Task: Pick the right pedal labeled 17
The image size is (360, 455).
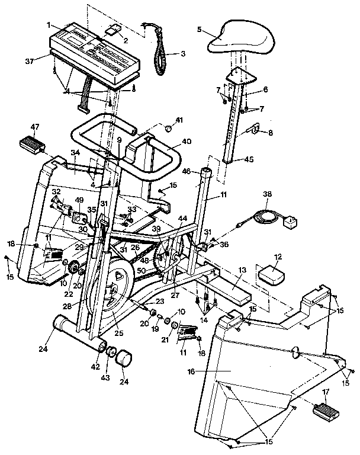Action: click(324, 409)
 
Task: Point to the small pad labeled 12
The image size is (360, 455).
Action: click(269, 275)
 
